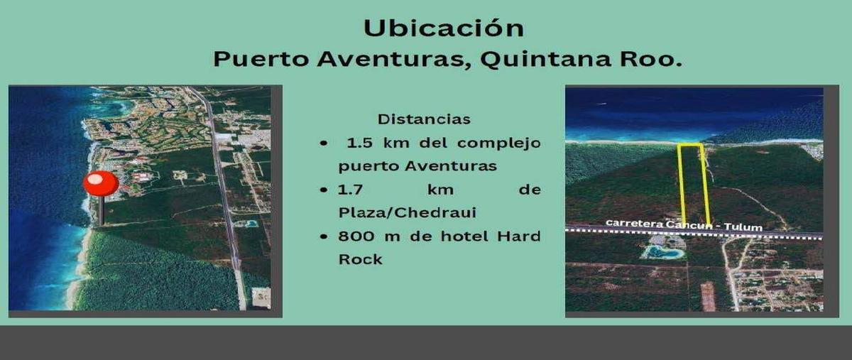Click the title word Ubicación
click(444, 28)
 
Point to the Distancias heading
click(424, 119)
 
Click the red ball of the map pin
click(101, 183)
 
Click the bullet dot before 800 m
click(324, 236)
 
